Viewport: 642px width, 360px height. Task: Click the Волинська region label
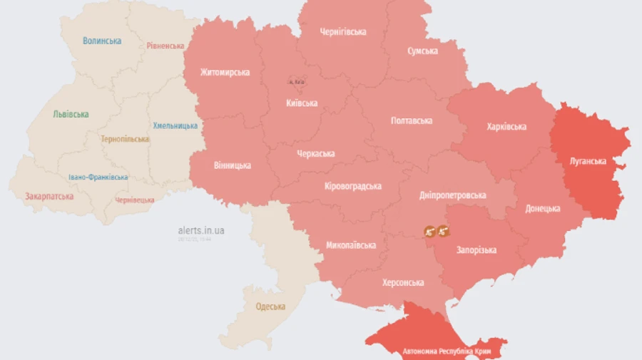click(x=102, y=41)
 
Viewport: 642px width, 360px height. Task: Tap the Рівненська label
click(x=165, y=46)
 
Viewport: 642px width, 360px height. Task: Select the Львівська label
click(x=71, y=114)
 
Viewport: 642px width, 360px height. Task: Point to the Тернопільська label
click(x=125, y=139)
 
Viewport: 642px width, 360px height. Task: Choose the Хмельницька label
click(x=175, y=125)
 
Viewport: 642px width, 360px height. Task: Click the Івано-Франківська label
click(x=98, y=177)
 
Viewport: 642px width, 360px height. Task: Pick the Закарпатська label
click(x=49, y=196)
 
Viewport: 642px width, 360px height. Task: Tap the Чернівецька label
click(x=134, y=200)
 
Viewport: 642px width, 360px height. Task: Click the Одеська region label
click(x=270, y=307)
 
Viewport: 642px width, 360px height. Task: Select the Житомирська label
click(x=225, y=72)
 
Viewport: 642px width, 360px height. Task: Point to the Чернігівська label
click(x=343, y=32)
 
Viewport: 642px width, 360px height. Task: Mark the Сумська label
click(x=422, y=51)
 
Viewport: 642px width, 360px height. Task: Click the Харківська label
click(x=506, y=127)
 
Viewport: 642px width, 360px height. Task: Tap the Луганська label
click(x=588, y=161)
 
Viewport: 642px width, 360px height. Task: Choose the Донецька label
click(x=543, y=209)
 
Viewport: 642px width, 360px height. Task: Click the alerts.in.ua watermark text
click(x=201, y=230)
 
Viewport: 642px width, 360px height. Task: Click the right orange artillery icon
click(x=443, y=231)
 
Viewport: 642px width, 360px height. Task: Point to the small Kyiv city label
click(x=295, y=82)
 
